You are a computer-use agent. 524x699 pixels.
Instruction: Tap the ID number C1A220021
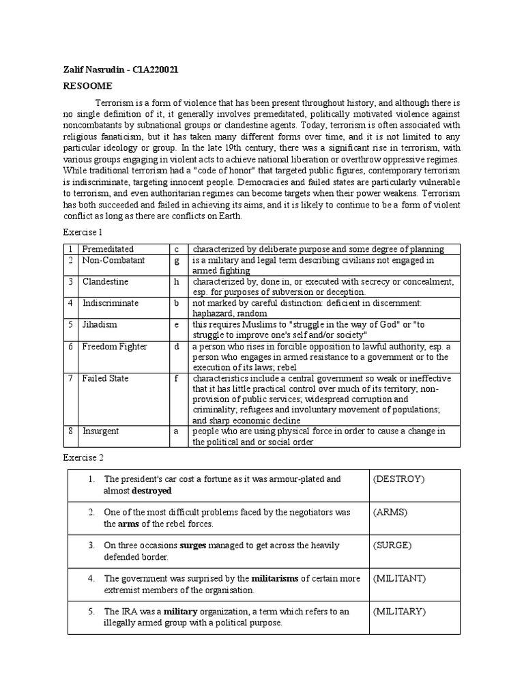(155, 70)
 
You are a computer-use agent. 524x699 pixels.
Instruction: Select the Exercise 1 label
(82, 233)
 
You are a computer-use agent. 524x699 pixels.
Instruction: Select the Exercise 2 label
(82, 457)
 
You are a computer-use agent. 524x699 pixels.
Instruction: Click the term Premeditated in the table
(108, 249)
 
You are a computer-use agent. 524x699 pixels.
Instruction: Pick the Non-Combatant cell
(111, 260)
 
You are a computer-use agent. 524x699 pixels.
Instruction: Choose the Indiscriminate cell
(110, 303)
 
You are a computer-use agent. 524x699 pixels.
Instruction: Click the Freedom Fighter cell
(115, 347)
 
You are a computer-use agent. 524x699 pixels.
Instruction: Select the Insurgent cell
(101, 431)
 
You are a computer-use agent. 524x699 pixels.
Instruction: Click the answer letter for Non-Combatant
(176, 260)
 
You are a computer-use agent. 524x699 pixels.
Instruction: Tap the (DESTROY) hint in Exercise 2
(398, 479)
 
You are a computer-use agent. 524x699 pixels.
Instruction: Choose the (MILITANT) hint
(399, 578)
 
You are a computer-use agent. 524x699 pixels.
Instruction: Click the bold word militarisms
(275, 578)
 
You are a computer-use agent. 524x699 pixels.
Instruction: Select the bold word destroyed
(151, 491)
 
